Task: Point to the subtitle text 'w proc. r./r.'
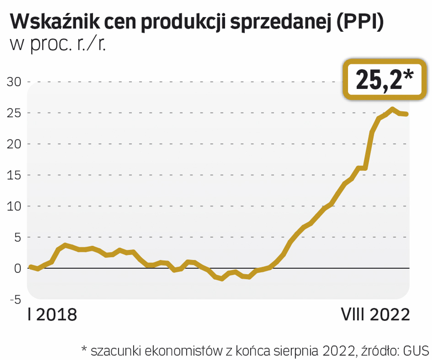click(x=58, y=44)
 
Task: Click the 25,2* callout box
click(x=385, y=80)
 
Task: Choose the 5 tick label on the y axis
click(x=17, y=237)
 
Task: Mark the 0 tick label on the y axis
click(x=17, y=268)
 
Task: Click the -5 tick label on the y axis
click(x=15, y=300)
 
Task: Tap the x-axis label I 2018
click(x=52, y=315)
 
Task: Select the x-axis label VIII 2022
click(x=375, y=315)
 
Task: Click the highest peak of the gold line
click(x=392, y=109)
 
